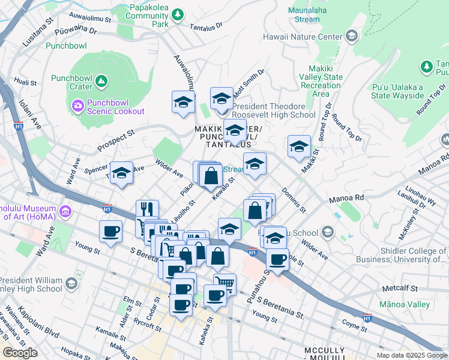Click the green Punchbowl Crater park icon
pyautogui.click(x=101, y=80)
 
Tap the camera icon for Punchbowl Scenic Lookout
pyautogui.click(x=78, y=106)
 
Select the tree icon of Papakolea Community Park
pyautogui.click(x=177, y=14)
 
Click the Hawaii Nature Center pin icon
pyautogui.click(x=351, y=37)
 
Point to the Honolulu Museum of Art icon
pyautogui.click(x=65, y=212)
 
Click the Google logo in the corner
pyautogui.click(x=20, y=352)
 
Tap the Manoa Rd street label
pyautogui.click(x=346, y=197)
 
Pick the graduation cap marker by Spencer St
pyautogui.click(x=122, y=174)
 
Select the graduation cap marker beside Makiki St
pyautogui.click(x=299, y=146)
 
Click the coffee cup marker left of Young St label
pyautogui.click(x=110, y=232)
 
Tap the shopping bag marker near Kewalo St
pyautogui.click(x=211, y=176)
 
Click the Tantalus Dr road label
pyautogui.click(x=206, y=26)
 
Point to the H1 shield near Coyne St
pyautogui.click(x=367, y=319)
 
